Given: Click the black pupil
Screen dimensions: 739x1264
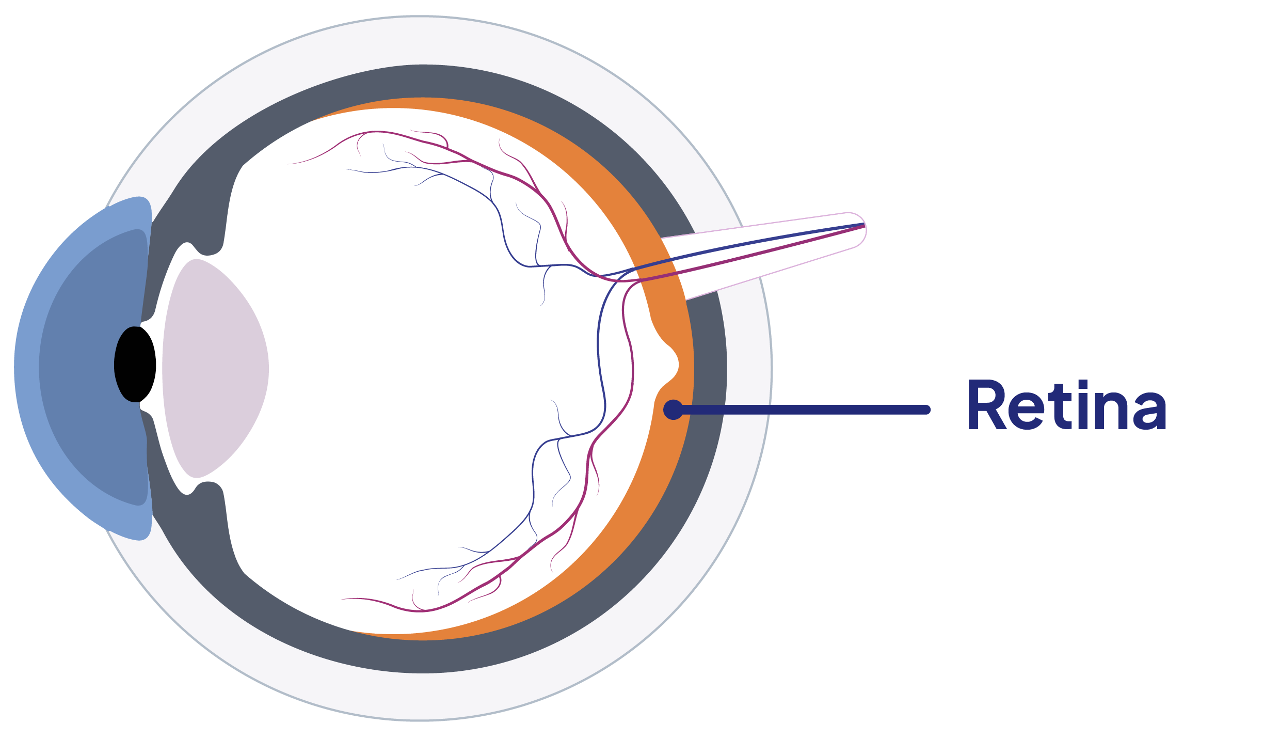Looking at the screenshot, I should (x=135, y=365).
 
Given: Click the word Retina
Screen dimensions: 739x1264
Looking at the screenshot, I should (x=1066, y=405).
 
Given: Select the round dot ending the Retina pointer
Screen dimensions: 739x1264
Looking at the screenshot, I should (x=673, y=410).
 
